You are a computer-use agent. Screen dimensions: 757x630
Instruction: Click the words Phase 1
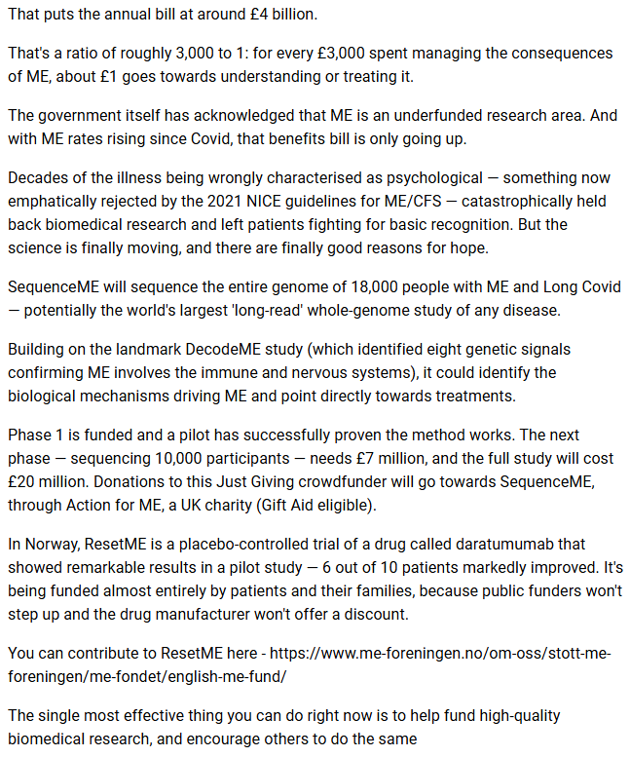point(38,435)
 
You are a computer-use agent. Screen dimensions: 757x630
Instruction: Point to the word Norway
point(56,544)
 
